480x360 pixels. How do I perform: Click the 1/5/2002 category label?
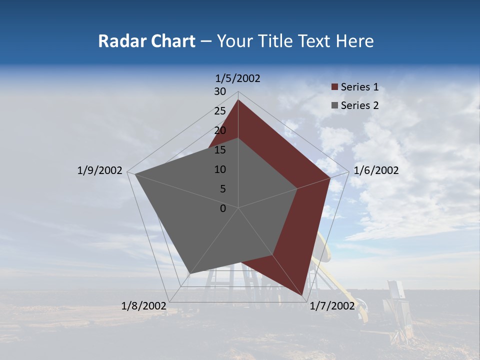pos(238,78)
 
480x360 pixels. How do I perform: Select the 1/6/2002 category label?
pos(376,170)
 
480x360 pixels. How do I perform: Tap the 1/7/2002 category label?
pos(332,306)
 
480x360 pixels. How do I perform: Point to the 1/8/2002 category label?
pos(144,306)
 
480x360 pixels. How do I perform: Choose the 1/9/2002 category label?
pos(100,170)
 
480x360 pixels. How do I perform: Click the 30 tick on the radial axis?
pos(220,91)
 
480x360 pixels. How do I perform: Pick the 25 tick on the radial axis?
pos(220,111)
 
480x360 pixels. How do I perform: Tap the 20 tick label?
pos(220,130)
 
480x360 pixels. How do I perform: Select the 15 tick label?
pos(220,150)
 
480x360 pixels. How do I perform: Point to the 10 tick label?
pos(220,169)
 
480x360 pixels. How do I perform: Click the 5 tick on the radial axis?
pos(223,189)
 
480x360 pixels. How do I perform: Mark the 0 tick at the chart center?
pos(223,208)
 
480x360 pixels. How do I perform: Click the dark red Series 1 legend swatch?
pos(334,87)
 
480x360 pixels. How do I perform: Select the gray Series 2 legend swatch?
pos(334,105)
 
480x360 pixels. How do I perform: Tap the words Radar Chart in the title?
pos(146,41)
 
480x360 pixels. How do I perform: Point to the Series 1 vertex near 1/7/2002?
pos(303,296)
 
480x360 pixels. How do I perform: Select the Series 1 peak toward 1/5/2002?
pos(238,100)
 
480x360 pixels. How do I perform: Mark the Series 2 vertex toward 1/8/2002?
pos(190,273)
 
